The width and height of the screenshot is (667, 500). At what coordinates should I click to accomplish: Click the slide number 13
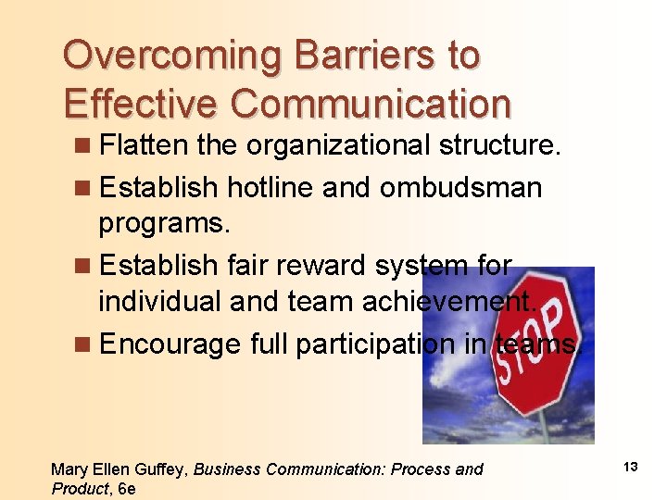pos(630,467)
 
